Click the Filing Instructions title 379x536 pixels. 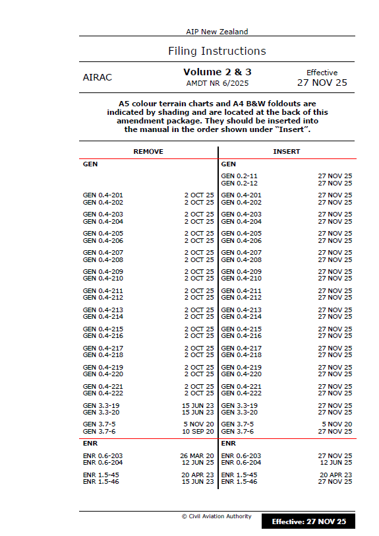coord(217,51)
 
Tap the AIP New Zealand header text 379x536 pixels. coord(217,32)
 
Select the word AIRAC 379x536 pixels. coord(98,77)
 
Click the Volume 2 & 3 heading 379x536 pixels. coord(217,71)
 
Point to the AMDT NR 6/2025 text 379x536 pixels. coord(217,83)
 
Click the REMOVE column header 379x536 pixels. coord(148,151)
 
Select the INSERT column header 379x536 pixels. coord(287,151)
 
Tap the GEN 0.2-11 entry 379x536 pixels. coord(239,176)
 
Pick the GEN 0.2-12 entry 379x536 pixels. coord(239,183)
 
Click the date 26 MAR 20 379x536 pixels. coord(197,455)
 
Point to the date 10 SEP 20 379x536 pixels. coord(197,431)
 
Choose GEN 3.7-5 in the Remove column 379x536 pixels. coord(100,424)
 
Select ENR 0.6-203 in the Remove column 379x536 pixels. coord(103,455)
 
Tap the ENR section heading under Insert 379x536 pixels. coord(228,444)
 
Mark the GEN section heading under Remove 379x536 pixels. coord(90,163)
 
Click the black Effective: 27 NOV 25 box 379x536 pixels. coord(309,521)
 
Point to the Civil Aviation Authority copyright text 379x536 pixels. coord(217,516)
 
